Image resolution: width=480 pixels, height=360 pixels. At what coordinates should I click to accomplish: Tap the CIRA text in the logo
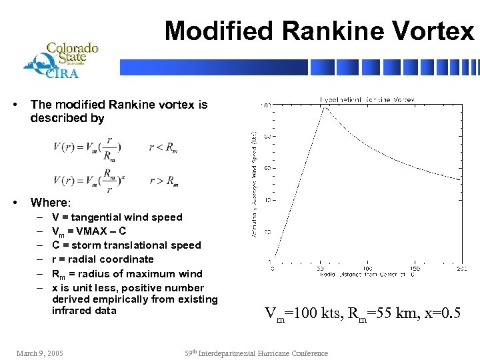click(61, 74)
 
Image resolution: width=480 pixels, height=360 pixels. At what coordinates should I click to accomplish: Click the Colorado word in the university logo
click(72, 48)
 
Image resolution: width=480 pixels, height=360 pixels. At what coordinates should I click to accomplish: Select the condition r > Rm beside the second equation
click(163, 180)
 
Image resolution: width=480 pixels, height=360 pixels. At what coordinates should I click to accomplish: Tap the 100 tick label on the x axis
click(367, 269)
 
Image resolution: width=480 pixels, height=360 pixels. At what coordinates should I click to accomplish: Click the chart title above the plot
click(366, 99)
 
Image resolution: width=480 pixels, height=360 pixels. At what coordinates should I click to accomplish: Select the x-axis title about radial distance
click(366, 274)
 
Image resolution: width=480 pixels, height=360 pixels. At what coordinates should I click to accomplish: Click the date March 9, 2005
click(40, 353)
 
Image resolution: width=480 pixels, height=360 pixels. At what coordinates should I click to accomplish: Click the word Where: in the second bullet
click(50, 202)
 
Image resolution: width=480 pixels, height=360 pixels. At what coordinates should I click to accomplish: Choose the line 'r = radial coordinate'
click(103, 259)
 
